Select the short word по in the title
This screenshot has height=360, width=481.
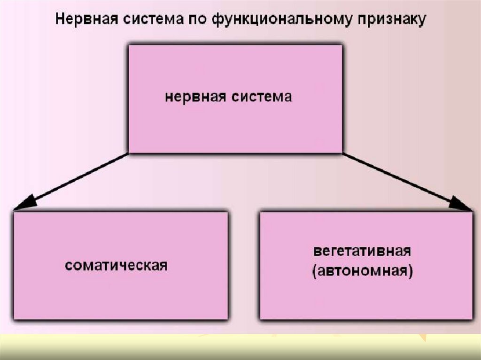[x=194, y=20]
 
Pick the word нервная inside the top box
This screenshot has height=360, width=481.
[x=196, y=98]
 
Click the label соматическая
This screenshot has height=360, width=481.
[x=116, y=265]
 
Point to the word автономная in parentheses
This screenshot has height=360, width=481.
[x=361, y=272]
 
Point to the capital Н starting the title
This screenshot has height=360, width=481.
[x=60, y=20]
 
